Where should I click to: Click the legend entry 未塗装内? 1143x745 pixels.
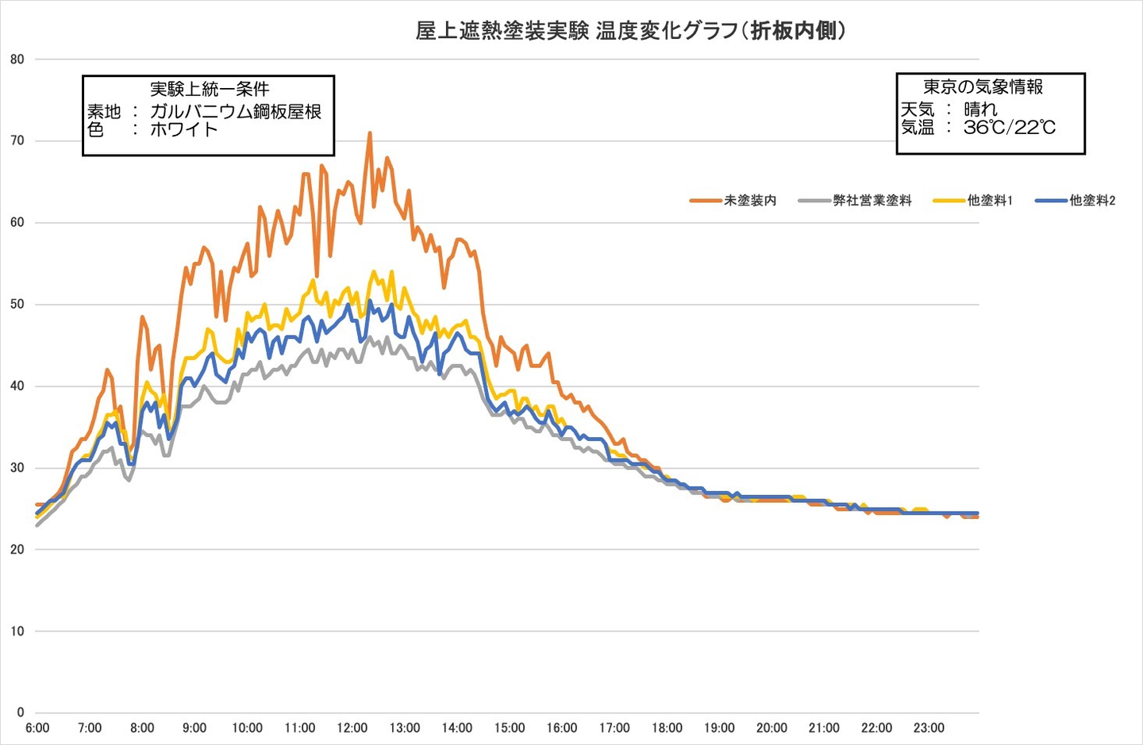pos(749,201)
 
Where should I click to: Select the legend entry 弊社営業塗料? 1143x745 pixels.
pos(872,201)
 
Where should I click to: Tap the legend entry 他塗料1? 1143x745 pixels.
pos(989,201)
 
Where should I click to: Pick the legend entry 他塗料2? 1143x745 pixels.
pos(1091,201)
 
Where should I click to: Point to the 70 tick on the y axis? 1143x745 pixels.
pos(17,141)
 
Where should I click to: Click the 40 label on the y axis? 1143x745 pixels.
pos(17,386)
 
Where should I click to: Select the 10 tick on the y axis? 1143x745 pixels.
pos(17,632)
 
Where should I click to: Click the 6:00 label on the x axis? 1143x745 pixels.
pos(37,728)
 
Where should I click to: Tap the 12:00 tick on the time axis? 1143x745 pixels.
pos(352,728)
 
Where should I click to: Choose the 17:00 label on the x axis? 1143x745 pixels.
pos(614,728)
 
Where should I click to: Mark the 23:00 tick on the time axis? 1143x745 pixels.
pos(929,728)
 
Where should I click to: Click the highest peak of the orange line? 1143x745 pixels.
pos(370,133)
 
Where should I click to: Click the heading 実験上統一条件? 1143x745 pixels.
pos(210,89)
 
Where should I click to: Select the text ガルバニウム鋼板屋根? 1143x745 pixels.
pos(236,111)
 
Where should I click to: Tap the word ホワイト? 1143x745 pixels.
pos(183,129)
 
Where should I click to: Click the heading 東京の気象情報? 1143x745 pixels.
pos(983,86)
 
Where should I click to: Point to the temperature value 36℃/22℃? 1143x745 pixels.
pos(1010,127)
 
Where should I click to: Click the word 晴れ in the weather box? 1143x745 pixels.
pos(980,109)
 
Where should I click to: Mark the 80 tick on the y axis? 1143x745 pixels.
pos(17,60)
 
